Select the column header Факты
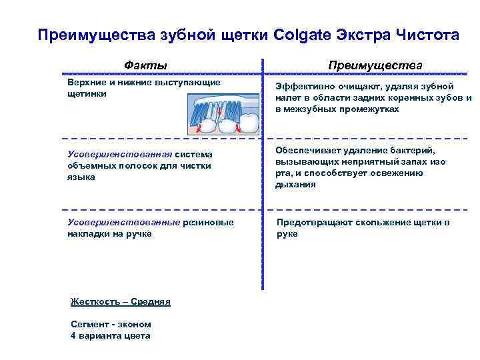tap(145, 65)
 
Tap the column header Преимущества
tap(374, 65)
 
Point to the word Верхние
tap(87, 82)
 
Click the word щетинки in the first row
tap(87, 94)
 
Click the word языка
tap(81, 177)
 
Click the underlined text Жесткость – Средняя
tap(121, 302)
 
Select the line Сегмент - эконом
tap(111, 325)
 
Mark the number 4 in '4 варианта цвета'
tap(73, 335)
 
